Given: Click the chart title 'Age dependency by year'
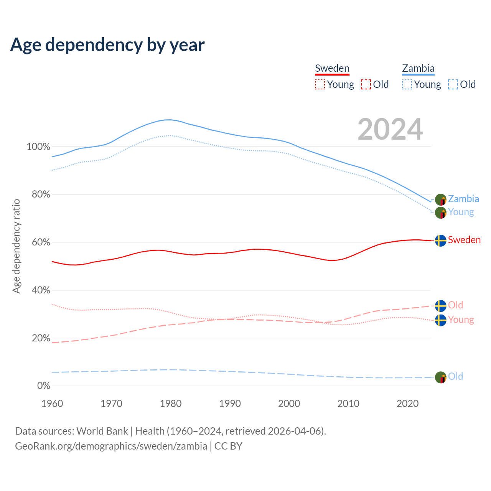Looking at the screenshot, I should (x=107, y=45).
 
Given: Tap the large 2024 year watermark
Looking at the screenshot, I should (x=390, y=129).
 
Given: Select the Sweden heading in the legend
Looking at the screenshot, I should (x=332, y=69).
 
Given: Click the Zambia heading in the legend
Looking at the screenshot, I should (x=418, y=69).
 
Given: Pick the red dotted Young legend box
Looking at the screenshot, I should (x=320, y=84).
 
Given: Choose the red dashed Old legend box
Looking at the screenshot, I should (x=366, y=84).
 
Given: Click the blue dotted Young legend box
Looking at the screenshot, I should (x=407, y=84).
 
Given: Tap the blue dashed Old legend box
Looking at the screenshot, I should (x=453, y=84).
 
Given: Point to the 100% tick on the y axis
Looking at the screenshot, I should (x=38, y=147).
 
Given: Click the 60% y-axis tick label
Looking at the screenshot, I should (x=41, y=242).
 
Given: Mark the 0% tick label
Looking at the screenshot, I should (x=44, y=386).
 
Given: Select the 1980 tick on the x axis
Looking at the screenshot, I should (x=171, y=404).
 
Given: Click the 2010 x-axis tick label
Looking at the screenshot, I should (x=348, y=404).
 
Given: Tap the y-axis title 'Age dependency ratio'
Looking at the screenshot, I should (x=16, y=246).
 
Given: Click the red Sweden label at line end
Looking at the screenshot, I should (x=464, y=240).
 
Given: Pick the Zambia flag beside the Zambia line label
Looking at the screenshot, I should (x=441, y=199).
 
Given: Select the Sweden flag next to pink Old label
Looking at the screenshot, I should (x=441, y=306).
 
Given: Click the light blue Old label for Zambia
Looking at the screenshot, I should (x=455, y=377).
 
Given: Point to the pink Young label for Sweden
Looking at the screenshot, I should (x=461, y=320).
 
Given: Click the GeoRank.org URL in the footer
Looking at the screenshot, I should (x=111, y=446).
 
